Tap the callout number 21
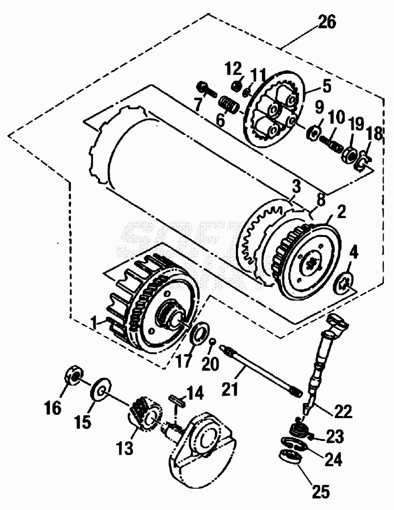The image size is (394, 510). point(230,388)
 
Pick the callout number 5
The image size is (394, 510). point(325,86)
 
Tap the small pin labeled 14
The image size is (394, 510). point(178,400)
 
